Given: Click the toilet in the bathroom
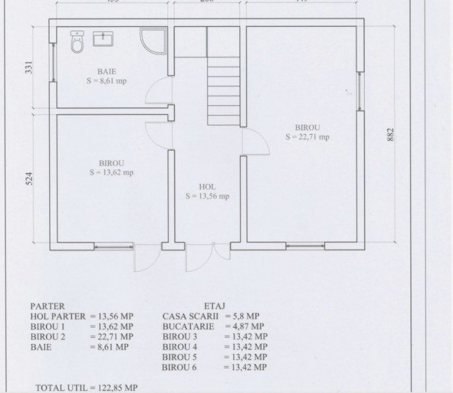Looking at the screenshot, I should pyautogui.click(x=77, y=43).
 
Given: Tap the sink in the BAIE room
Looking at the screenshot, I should pyautogui.click(x=104, y=39).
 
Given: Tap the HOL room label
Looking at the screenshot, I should pyautogui.click(x=207, y=187).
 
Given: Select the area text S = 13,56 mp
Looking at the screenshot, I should pyautogui.click(x=207, y=196).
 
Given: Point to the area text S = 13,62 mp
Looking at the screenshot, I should pyautogui.click(x=111, y=173).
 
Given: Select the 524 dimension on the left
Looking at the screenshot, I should pyautogui.click(x=28, y=179).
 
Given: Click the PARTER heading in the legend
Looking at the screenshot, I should pyautogui.click(x=48, y=305).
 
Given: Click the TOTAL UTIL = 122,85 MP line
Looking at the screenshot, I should pyautogui.click(x=87, y=388).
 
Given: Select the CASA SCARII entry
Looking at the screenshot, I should pyautogui.click(x=190, y=316).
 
